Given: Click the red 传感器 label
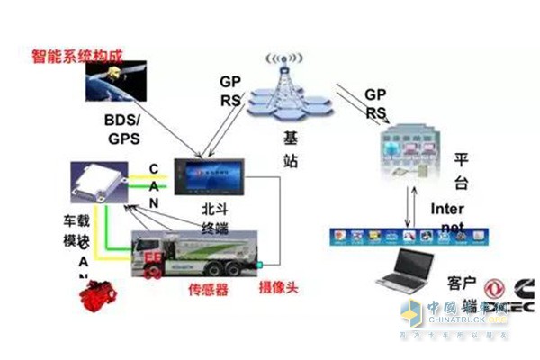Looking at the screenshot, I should (x=208, y=290).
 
